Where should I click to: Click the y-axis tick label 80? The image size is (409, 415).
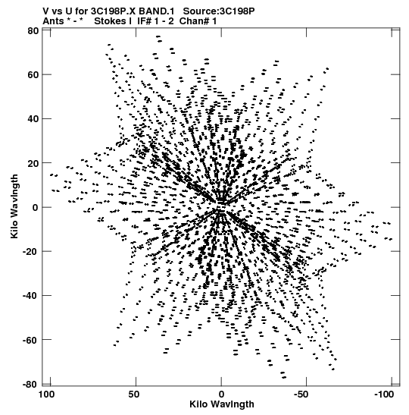click(x=33, y=31)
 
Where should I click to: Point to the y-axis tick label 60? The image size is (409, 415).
click(x=33, y=75)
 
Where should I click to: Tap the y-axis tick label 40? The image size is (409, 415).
click(x=33, y=119)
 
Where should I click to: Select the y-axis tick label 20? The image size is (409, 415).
click(x=33, y=163)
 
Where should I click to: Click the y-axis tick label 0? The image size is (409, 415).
click(x=36, y=208)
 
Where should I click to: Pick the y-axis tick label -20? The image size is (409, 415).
click(x=30, y=251)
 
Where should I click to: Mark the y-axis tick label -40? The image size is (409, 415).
click(x=30, y=296)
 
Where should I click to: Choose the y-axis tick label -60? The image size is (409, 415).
click(x=30, y=340)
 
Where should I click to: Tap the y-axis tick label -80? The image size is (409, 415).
click(x=30, y=384)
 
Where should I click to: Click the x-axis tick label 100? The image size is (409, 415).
click(x=47, y=395)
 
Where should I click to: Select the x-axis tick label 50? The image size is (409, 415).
click(x=134, y=395)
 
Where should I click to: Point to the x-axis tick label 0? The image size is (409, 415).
click(x=221, y=395)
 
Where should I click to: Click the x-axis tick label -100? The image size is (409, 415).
click(x=384, y=395)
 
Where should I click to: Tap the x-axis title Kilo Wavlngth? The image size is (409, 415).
click(x=222, y=404)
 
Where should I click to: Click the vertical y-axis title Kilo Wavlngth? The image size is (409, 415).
click(x=14, y=206)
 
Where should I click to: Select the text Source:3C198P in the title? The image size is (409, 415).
click(x=219, y=11)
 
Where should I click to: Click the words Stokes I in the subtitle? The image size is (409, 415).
click(x=113, y=21)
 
